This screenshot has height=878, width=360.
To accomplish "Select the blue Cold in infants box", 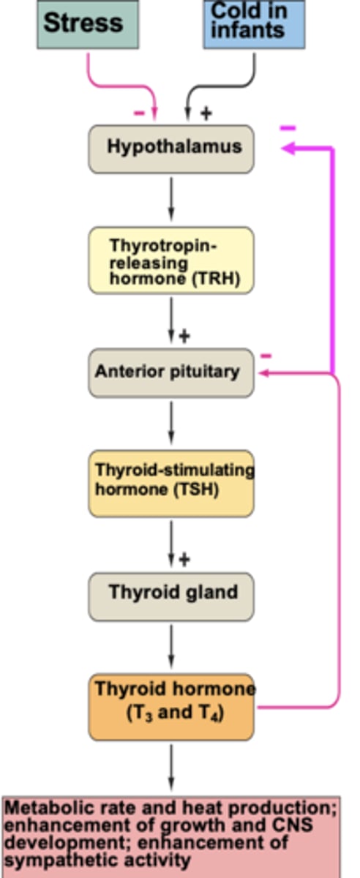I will pyautogui.click(x=254, y=23).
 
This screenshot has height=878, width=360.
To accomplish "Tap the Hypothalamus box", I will pyautogui.click(x=171, y=149).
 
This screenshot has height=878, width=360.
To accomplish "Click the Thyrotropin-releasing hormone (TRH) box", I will pyautogui.click(x=171, y=260).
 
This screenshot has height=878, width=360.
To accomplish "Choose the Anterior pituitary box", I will pyautogui.click(x=171, y=372).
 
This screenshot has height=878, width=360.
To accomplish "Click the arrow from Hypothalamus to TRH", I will pyautogui.click(x=171, y=198).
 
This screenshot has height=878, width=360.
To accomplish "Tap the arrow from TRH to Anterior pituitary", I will pyautogui.click(x=171, y=320).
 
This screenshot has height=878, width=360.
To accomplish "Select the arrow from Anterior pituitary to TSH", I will pyautogui.click(x=171, y=423).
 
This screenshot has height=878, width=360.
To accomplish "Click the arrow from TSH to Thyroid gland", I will pyautogui.click(x=171, y=544).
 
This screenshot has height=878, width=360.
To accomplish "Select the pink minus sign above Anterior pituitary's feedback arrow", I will pyautogui.click(x=266, y=356).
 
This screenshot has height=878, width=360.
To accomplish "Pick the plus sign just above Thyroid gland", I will pyautogui.click(x=184, y=560).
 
